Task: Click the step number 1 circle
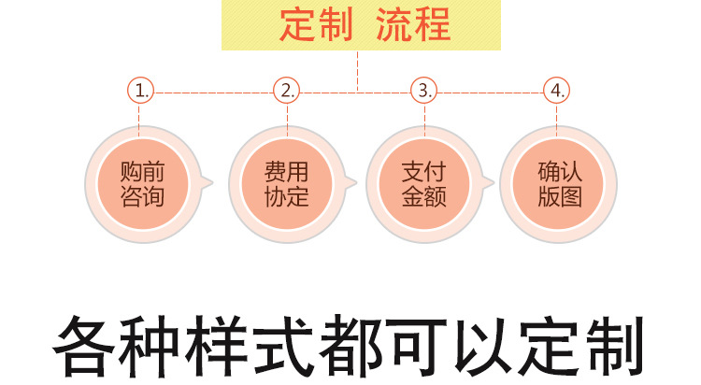pos(140,91)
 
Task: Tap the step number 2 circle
pos(287,91)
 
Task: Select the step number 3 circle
pos(424,91)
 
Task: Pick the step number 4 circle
pos(557,91)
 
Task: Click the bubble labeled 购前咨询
pos(142,184)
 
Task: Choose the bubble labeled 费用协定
pos(286,184)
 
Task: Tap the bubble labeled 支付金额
pos(423,184)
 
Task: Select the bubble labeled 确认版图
pos(559,184)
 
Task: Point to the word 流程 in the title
pos(412,25)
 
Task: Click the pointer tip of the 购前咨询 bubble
pos(214,184)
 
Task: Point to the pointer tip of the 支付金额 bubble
pos(492,184)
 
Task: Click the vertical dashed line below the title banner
pos(358,70)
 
